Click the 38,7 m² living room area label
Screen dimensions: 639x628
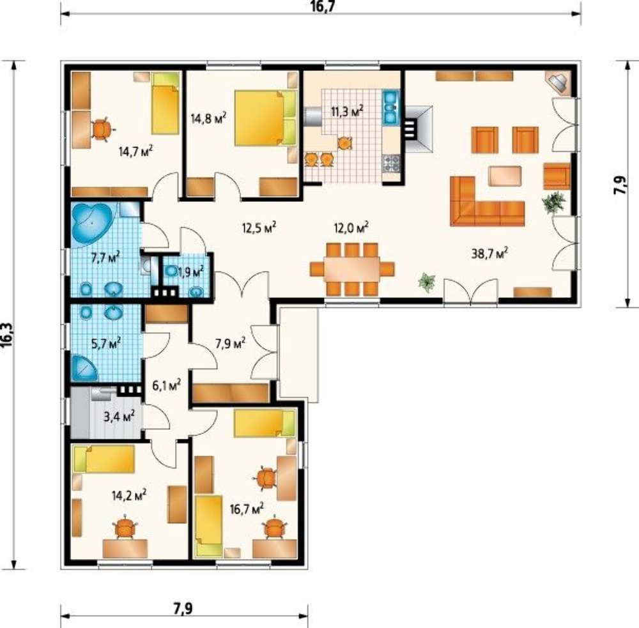click(489, 253)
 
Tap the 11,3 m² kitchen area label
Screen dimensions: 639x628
click(347, 111)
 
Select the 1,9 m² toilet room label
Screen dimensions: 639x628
click(190, 272)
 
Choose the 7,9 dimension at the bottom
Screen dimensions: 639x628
click(183, 608)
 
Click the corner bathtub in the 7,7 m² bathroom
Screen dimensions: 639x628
click(92, 224)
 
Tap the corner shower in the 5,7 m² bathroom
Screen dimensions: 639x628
click(84, 367)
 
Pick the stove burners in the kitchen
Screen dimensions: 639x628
click(391, 164)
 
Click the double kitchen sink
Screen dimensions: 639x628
click(390, 107)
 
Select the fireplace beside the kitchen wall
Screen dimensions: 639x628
click(418, 129)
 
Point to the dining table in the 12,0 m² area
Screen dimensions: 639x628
click(351, 269)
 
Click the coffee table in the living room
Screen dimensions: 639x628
click(505, 176)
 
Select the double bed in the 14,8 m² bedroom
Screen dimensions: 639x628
click(265, 118)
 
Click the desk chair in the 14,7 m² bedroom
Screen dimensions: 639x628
click(102, 130)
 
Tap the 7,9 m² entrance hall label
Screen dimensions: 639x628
click(230, 343)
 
